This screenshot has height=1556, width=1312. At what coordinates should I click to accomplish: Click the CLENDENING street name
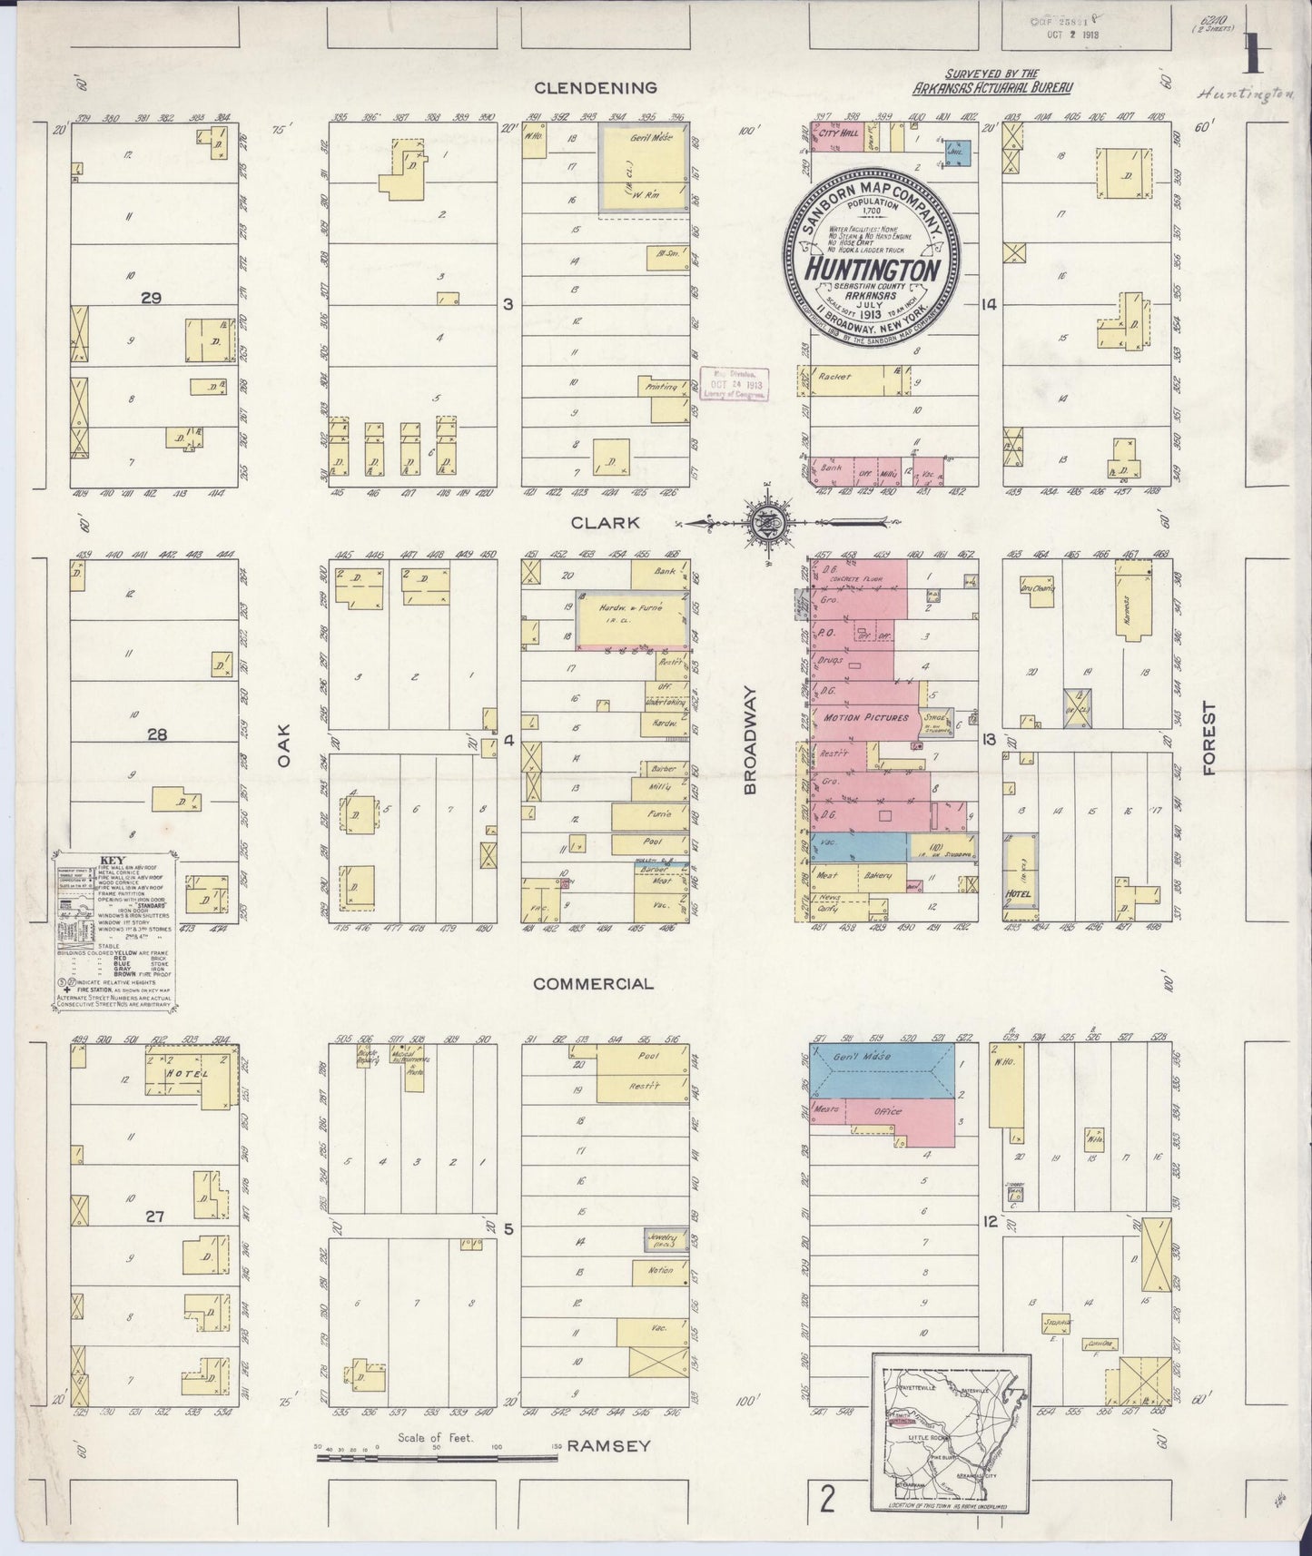pyautogui.click(x=595, y=88)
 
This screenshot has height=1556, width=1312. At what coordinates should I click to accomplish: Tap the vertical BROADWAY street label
pyautogui.click(x=750, y=740)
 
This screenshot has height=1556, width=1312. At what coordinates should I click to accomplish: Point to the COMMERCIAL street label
pyautogui.click(x=593, y=983)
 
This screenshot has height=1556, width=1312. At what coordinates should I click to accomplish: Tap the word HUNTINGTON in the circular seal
pyautogui.click(x=870, y=271)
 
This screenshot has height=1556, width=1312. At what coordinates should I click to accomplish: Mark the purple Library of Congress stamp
pyautogui.click(x=731, y=384)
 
